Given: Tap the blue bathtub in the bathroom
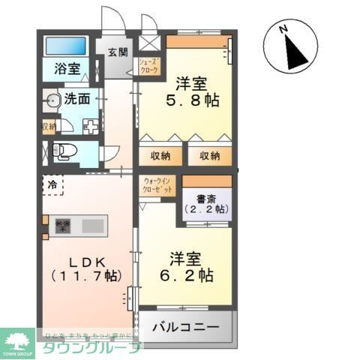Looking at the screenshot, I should pyautogui.click(x=65, y=46).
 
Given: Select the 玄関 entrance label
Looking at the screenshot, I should pyautogui.click(x=117, y=52).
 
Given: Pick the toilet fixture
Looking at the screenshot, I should pyautogui.click(x=63, y=150).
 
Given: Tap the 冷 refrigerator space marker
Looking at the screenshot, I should pyautogui.click(x=52, y=183).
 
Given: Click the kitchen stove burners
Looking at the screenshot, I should pyautogui.click(x=61, y=224).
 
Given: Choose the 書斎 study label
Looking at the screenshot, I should pyautogui.click(x=206, y=199).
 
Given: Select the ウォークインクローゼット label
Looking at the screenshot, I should pyautogui.click(x=157, y=185).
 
